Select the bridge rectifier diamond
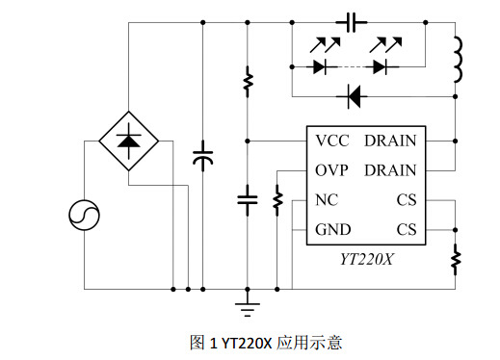click(x=128, y=141)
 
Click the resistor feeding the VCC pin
click(x=248, y=81)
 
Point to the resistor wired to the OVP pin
click(x=277, y=200)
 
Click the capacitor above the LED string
click(x=352, y=19)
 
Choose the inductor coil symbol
click(x=456, y=60)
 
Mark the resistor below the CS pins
click(x=456, y=258)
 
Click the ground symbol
click(x=248, y=307)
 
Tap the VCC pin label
click(x=331, y=141)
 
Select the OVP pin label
click(x=331, y=170)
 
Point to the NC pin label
click(x=326, y=200)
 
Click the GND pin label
click(x=332, y=229)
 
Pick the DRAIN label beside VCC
click(x=390, y=141)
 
